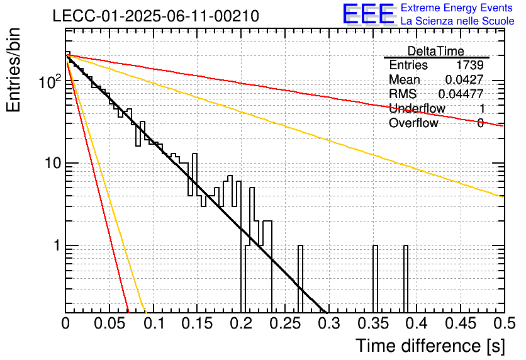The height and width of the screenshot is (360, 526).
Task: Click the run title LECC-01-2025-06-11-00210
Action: [155, 16]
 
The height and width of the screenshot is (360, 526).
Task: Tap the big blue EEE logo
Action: [369, 14]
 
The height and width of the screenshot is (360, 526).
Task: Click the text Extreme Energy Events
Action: [457, 8]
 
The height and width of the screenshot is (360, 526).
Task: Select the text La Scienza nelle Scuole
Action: [457, 21]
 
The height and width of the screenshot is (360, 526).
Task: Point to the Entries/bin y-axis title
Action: [14, 70]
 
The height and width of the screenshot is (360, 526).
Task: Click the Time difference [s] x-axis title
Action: [430, 346]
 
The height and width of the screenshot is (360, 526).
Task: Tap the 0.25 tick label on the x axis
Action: [285, 323]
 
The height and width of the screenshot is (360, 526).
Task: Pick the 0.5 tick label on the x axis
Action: [505, 323]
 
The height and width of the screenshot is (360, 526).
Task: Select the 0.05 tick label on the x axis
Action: [109, 323]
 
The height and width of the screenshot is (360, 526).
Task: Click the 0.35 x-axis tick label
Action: [372, 323]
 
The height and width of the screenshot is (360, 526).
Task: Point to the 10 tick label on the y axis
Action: [53, 163]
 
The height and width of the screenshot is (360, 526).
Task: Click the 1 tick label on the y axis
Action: [57, 245]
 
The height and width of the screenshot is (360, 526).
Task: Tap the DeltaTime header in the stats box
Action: [436, 51]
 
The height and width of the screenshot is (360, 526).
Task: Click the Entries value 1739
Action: [469, 65]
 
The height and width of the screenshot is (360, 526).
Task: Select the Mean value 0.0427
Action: [464, 79]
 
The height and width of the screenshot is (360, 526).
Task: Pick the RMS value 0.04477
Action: [461, 94]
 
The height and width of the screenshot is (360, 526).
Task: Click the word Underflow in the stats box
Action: [417, 108]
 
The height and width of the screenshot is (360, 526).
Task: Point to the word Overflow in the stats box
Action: [413, 123]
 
